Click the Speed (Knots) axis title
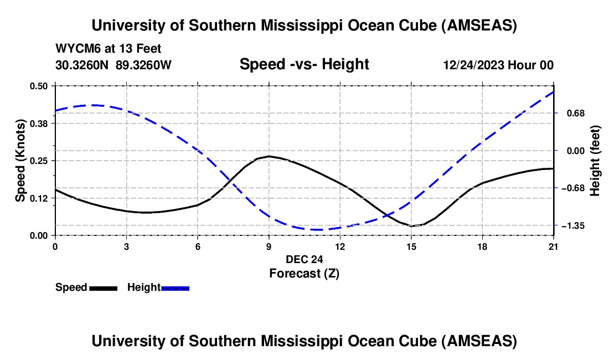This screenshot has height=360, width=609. (x=20, y=161)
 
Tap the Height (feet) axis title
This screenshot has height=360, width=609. (x=595, y=161)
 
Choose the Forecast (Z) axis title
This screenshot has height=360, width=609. (x=304, y=273)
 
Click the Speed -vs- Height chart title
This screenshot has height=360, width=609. (x=304, y=64)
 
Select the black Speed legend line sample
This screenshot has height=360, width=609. (x=103, y=288)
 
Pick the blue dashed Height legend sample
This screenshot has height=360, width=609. (x=175, y=288)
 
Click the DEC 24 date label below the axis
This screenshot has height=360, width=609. (x=304, y=259)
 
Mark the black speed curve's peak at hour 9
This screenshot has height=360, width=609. (x=269, y=156)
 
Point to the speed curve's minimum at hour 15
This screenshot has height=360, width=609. (x=411, y=226)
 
